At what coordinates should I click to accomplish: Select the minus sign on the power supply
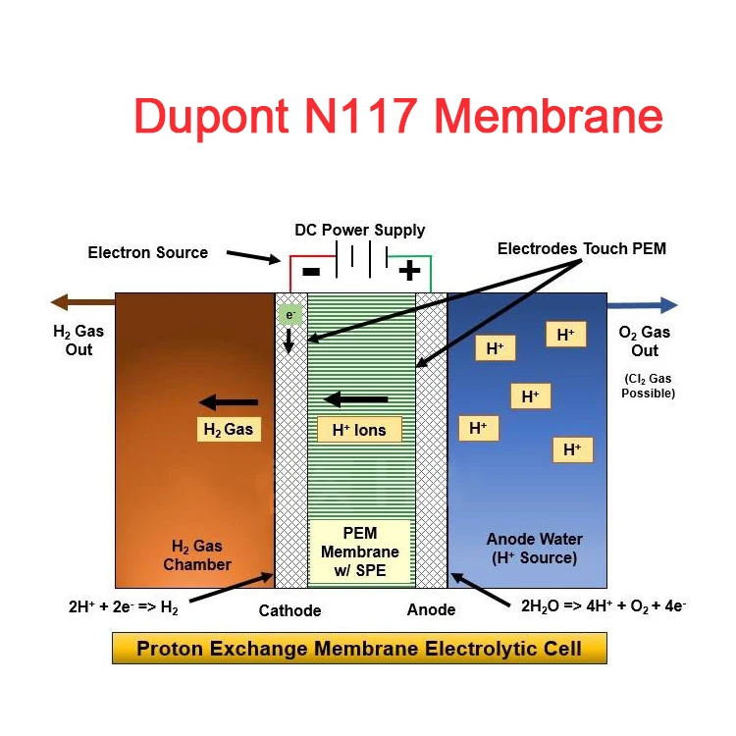pos(310,271)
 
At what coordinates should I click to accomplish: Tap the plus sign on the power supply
pos(409,271)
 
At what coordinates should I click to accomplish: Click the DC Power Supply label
pos(360,231)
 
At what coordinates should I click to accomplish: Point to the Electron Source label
pos(148,252)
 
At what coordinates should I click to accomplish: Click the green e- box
pos(289,316)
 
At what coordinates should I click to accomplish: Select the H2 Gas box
pos(228,429)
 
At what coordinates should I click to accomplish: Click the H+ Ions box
pos(359,430)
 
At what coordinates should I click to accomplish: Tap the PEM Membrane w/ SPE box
pos(360,551)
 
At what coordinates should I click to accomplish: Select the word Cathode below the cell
pos(289,610)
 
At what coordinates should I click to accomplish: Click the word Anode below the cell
pos(431,609)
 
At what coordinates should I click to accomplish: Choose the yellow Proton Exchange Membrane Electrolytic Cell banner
pos(359,649)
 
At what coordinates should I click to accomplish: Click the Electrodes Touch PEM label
pos(582,248)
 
